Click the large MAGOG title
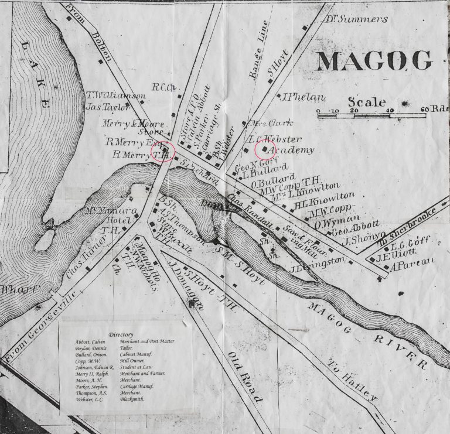click(x=375, y=60)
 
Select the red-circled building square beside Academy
click(x=265, y=149)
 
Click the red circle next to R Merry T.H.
click(x=163, y=152)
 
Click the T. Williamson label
click(x=115, y=96)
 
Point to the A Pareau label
click(x=414, y=260)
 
